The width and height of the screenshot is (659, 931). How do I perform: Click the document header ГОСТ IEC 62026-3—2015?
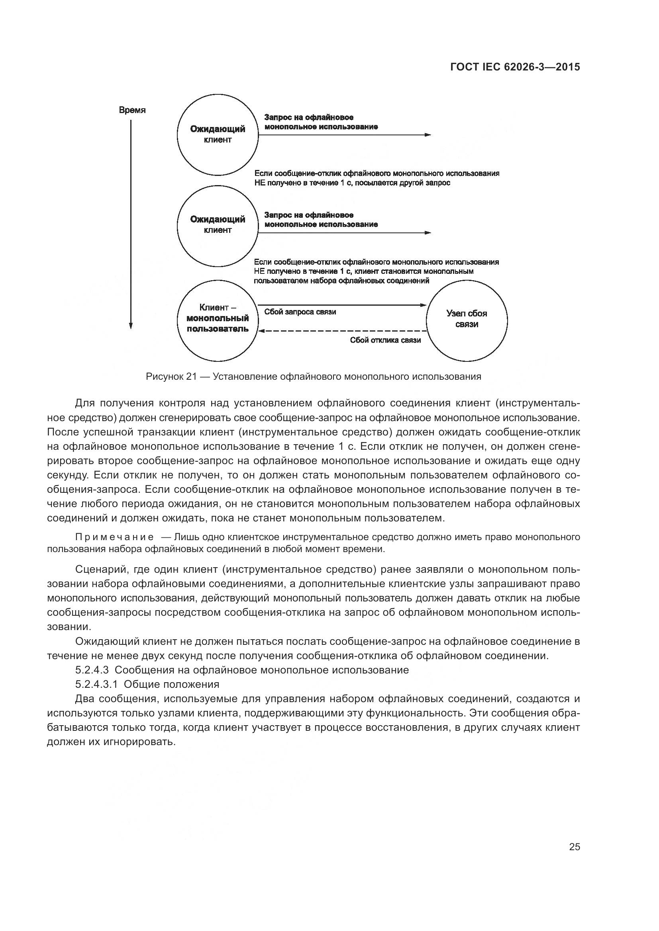[x=515, y=67]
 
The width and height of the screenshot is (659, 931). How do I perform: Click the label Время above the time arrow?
[x=132, y=110]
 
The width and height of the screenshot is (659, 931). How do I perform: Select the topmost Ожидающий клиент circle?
[x=218, y=135]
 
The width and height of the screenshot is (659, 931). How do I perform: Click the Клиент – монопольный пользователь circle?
[x=218, y=320]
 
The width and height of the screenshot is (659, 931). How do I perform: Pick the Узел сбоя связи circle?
[x=467, y=320]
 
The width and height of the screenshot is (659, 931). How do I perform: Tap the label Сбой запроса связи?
[x=300, y=312]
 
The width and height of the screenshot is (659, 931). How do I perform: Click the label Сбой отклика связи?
[x=385, y=340]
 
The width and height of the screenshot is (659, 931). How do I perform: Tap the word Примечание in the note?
[x=114, y=537]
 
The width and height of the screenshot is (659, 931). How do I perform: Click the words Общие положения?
[x=171, y=685]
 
